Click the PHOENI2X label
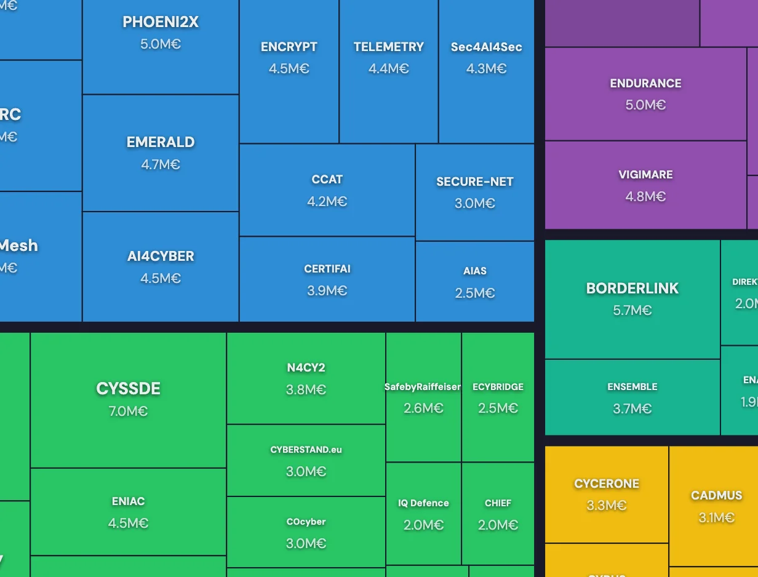(x=161, y=22)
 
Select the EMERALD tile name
(x=161, y=142)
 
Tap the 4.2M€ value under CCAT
(x=327, y=201)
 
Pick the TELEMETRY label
(x=389, y=47)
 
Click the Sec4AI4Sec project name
(x=486, y=47)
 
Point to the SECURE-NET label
(x=474, y=181)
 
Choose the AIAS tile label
(x=475, y=271)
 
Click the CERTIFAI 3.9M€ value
(x=327, y=290)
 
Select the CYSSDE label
(x=128, y=389)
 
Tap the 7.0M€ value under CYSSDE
(x=128, y=411)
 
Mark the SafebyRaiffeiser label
(x=423, y=387)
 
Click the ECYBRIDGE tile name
(x=498, y=387)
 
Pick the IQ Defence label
(x=423, y=503)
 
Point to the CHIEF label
(x=498, y=503)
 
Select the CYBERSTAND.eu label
(x=306, y=450)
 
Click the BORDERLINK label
(x=632, y=288)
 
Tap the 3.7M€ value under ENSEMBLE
(x=632, y=408)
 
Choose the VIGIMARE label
(x=645, y=175)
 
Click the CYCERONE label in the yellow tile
(x=607, y=483)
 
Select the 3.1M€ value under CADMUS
(x=716, y=517)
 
